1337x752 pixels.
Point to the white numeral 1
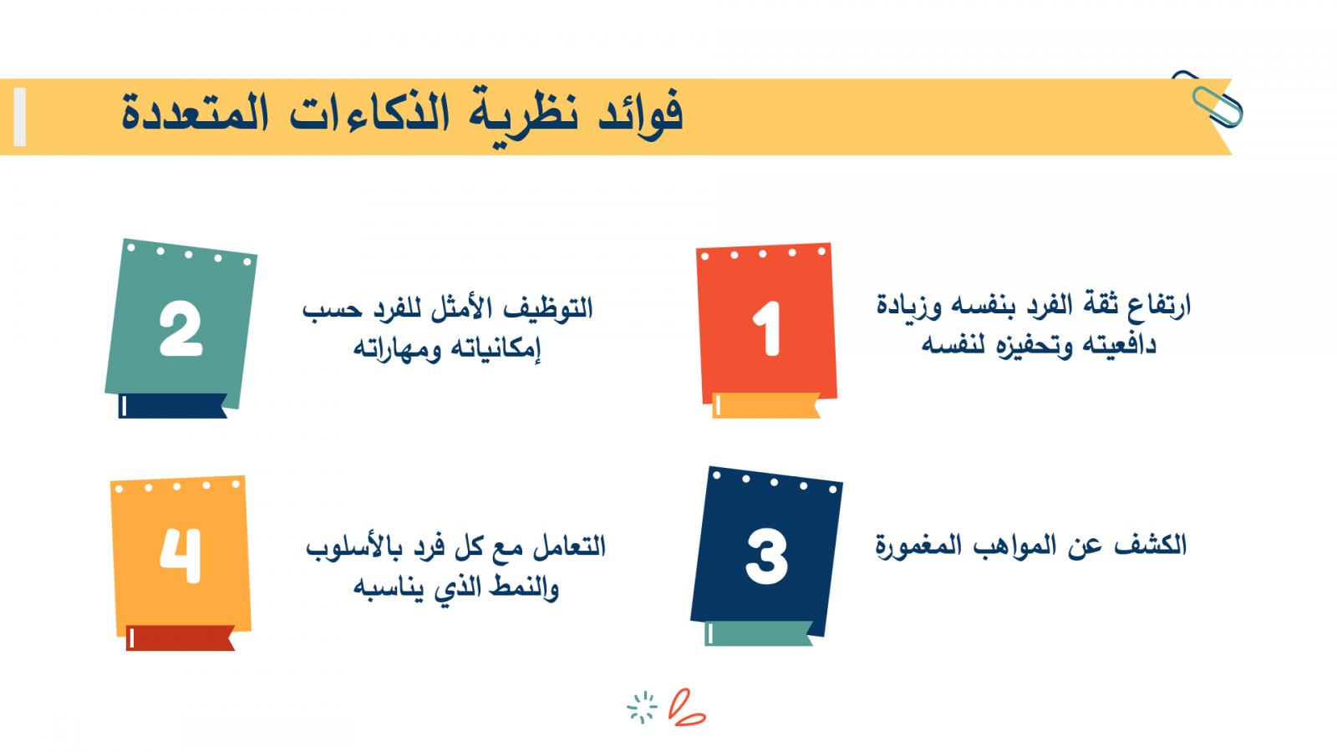[768, 329]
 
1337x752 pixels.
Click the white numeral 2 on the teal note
[180, 329]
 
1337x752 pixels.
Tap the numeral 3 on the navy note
[767, 556]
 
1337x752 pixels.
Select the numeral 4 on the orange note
[180, 555]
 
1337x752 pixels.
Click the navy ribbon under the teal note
[172, 406]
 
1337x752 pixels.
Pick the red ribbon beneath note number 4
[180, 638]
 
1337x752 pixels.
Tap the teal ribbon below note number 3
[759, 634]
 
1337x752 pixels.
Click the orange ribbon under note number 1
[766, 406]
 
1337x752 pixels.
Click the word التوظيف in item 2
[548, 309]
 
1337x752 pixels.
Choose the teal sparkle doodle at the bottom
[643, 708]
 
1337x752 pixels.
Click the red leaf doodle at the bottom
[687, 708]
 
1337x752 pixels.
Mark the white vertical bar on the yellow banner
[20, 117]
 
